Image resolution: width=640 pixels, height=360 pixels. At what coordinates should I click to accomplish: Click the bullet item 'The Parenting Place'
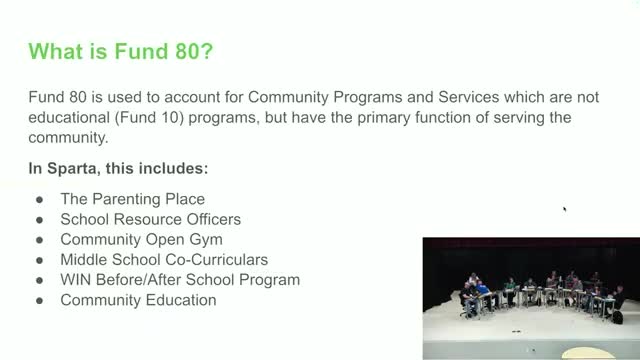(133, 200)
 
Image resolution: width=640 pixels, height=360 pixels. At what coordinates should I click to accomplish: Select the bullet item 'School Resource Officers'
(150, 220)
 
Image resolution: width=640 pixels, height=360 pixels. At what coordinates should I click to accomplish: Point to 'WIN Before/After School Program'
(180, 279)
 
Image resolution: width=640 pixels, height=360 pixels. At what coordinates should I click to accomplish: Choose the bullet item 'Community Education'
(138, 299)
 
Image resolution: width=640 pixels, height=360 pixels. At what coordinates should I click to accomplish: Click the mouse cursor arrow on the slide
(565, 209)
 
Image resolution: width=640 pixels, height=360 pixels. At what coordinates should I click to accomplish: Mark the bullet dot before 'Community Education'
(38, 299)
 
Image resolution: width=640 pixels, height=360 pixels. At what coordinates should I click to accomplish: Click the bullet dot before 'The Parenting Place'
(38, 200)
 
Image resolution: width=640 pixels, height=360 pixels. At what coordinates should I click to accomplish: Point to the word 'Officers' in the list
(212, 220)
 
